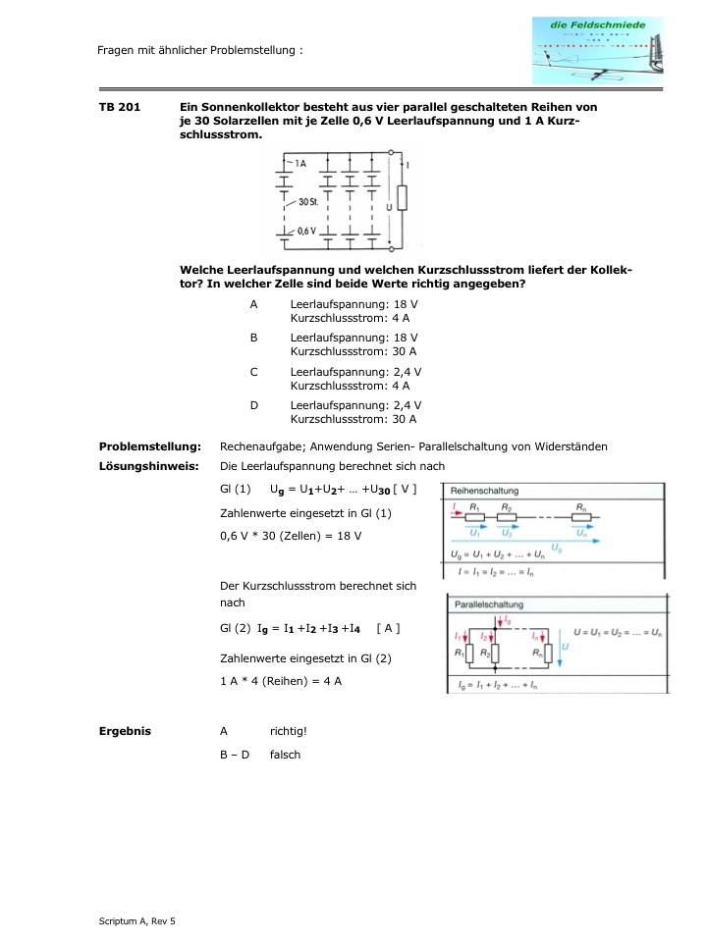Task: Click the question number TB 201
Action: click(x=119, y=107)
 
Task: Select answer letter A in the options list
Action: click(x=253, y=305)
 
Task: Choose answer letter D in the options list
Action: click(x=253, y=405)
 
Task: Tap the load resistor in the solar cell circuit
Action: click(x=401, y=199)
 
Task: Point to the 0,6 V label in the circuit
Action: click(x=306, y=231)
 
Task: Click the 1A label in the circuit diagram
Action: click(x=298, y=163)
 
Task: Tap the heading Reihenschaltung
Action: click(x=485, y=491)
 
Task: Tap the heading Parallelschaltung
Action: click(x=488, y=604)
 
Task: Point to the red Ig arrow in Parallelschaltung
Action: click(x=502, y=621)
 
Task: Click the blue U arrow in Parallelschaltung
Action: click(x=558, y=649)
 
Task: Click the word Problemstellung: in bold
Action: click(x=150, y=446)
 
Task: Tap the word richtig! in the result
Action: click(x=289, y=731)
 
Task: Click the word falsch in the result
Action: click(x=285, y=755)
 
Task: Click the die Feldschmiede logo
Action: click(x=597, y=49)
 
